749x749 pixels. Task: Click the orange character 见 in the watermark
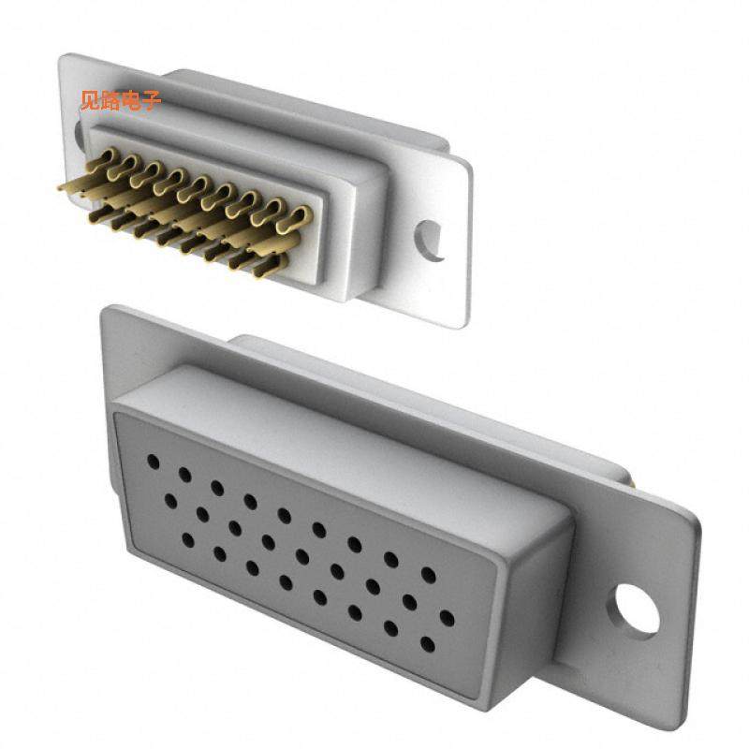[90, 101]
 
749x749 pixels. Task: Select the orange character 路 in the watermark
[110, 101]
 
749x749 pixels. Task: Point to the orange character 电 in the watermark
[131, 101]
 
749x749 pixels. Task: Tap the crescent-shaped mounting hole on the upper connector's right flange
[431, 240]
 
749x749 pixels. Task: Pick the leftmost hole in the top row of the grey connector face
[152, 462]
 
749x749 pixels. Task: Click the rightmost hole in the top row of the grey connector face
[429, 574]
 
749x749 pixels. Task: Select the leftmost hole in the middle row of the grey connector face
[170, 502]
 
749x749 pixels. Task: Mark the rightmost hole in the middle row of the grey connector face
[448, 618]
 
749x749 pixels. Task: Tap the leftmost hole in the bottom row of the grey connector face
[188, 539]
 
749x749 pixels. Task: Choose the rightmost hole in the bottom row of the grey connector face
[427, 644]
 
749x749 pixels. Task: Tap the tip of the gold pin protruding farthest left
[62, 187]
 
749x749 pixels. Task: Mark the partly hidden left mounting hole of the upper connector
[79, 131]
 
